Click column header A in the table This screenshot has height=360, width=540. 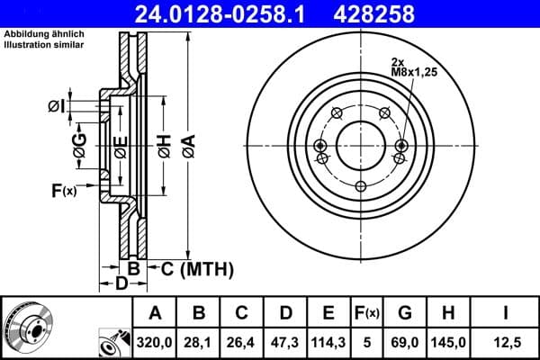[x=155, y=312]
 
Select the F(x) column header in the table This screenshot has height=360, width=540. [x=366, y=312]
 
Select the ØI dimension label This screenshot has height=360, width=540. [x=56, y=107]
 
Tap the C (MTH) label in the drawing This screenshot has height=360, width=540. [x=197, y=267]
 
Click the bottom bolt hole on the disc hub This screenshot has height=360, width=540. [x=359, y=186]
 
